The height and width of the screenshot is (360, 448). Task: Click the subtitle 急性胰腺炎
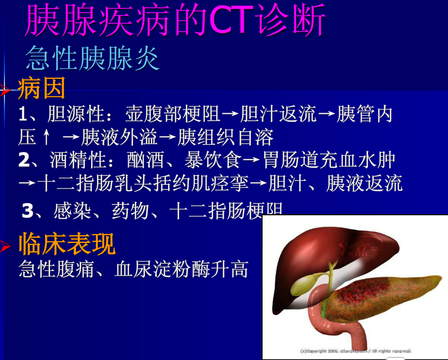[93, 58]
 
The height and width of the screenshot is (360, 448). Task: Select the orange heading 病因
[42, 88]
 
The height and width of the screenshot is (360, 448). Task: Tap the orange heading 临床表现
[67, 245]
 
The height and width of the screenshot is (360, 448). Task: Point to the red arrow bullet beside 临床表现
[6, 246]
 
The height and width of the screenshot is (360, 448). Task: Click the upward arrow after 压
[47, 136]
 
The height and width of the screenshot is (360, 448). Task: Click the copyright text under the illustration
[355, 351]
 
